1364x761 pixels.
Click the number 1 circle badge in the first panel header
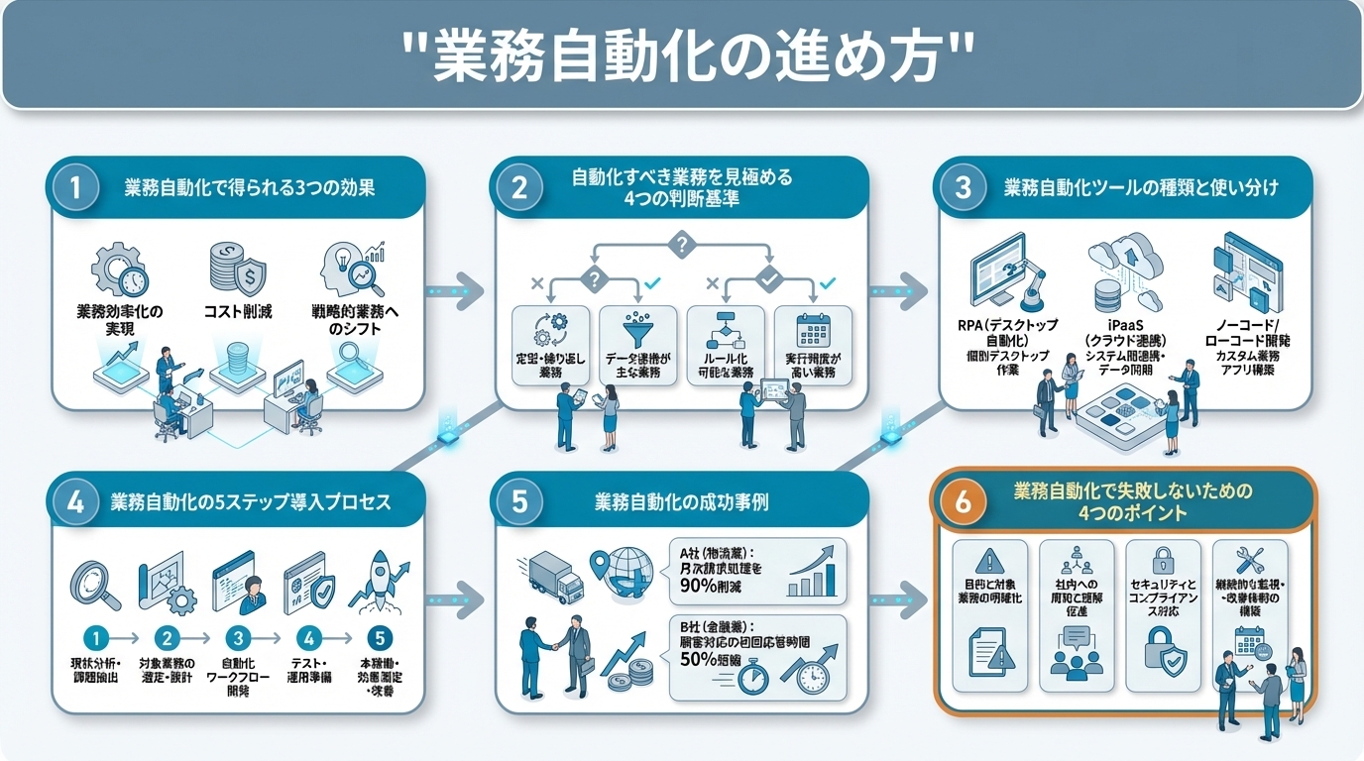77,188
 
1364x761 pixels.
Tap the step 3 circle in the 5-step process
237,637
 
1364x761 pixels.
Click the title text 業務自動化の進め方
681,56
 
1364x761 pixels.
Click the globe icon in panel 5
628,574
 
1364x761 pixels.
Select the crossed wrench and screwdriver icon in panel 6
1249,559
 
